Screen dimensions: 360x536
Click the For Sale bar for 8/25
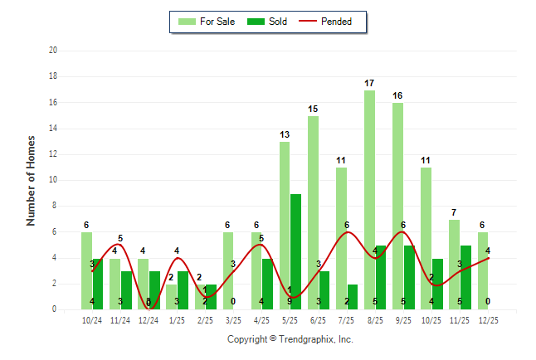point(369,200)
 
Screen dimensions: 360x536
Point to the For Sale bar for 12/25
point(483,270)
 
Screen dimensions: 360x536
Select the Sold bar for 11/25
point(465,277)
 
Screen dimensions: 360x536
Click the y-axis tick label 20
point(52,51)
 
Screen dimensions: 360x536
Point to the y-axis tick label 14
point(52,129)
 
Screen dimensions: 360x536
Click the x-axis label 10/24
point(92,320)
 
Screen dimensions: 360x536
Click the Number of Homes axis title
point(32,180)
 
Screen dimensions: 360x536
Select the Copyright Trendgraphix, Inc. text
point(290,339)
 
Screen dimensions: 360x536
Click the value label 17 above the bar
point(369,84)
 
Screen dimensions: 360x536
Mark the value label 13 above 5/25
point(285,135)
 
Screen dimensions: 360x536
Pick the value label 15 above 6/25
point(313,109)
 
